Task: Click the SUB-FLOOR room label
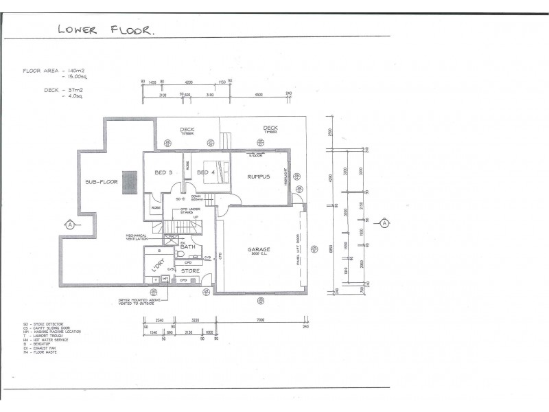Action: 102,183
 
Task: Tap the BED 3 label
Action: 163,172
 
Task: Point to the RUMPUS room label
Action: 259,176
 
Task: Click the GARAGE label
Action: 259,250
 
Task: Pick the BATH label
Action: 188,247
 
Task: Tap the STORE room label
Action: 190,271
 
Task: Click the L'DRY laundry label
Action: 158,265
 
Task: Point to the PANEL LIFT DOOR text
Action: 298,251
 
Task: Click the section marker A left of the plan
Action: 69,224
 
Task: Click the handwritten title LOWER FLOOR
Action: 106,29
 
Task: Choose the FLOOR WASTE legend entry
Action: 40,352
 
